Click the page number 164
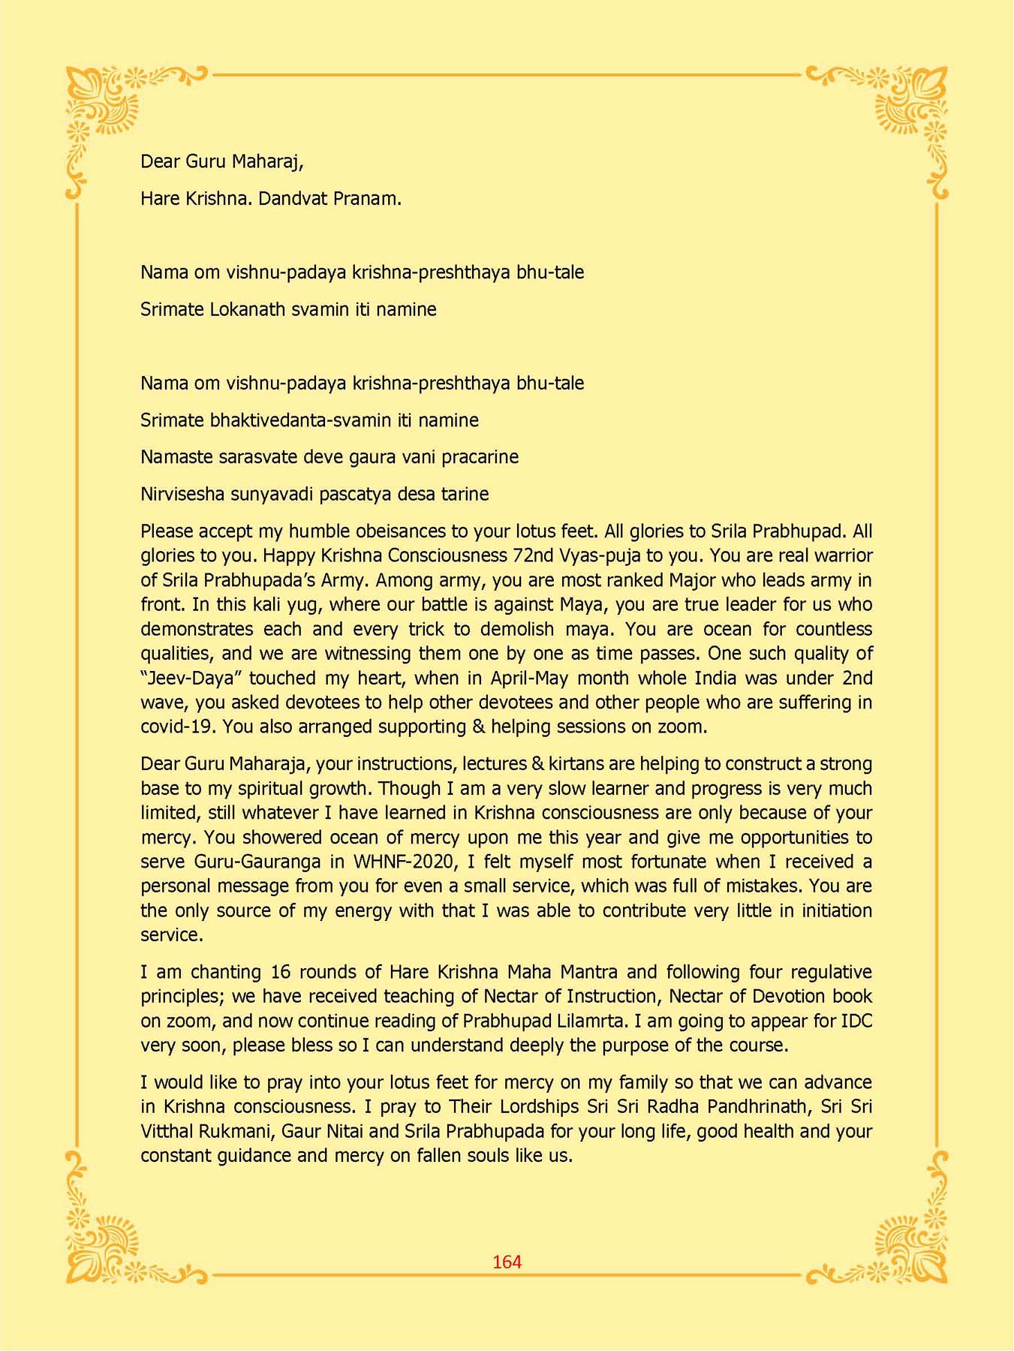click(507, 1262)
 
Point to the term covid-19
click(177, 727)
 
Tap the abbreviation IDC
click(856, 1021)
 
